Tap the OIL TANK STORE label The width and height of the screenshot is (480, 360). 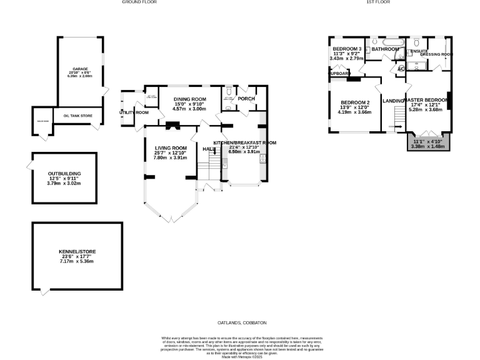(x=77, y=116)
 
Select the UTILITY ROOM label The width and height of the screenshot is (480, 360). (x=134, y=112)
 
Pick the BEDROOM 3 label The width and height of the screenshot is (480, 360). (x=347, y=49)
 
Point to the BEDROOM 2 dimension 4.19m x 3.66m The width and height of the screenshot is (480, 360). (x=355, y=112)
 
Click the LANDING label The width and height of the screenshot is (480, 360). (x=394, y=101)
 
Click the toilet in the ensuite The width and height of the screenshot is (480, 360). (x=416, y=43)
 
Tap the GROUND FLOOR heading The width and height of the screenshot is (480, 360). (x=139, y=2)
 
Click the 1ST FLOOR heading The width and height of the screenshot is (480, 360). (x=377, y=2)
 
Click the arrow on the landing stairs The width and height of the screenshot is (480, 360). (x=392, y=127)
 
